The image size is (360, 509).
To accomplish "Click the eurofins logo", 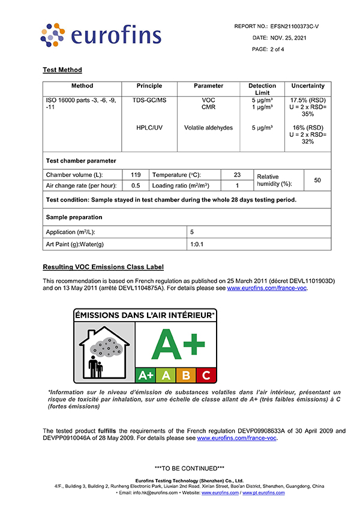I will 100,35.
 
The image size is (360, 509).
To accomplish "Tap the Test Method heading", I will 62,70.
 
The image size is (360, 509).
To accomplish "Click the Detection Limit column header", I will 262,89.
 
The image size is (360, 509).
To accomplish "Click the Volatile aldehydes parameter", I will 208,128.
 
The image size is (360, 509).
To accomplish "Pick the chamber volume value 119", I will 136,175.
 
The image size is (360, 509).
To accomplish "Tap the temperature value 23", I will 236,175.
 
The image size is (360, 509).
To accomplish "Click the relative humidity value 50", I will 317,180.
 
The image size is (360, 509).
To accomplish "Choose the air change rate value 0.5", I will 136,185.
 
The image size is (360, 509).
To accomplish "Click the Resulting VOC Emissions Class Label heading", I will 103,267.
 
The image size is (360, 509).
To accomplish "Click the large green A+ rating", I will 176,345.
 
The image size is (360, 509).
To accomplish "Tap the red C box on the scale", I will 206,376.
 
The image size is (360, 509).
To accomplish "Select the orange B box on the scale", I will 186,376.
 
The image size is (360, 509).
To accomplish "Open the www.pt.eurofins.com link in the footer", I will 265,493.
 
